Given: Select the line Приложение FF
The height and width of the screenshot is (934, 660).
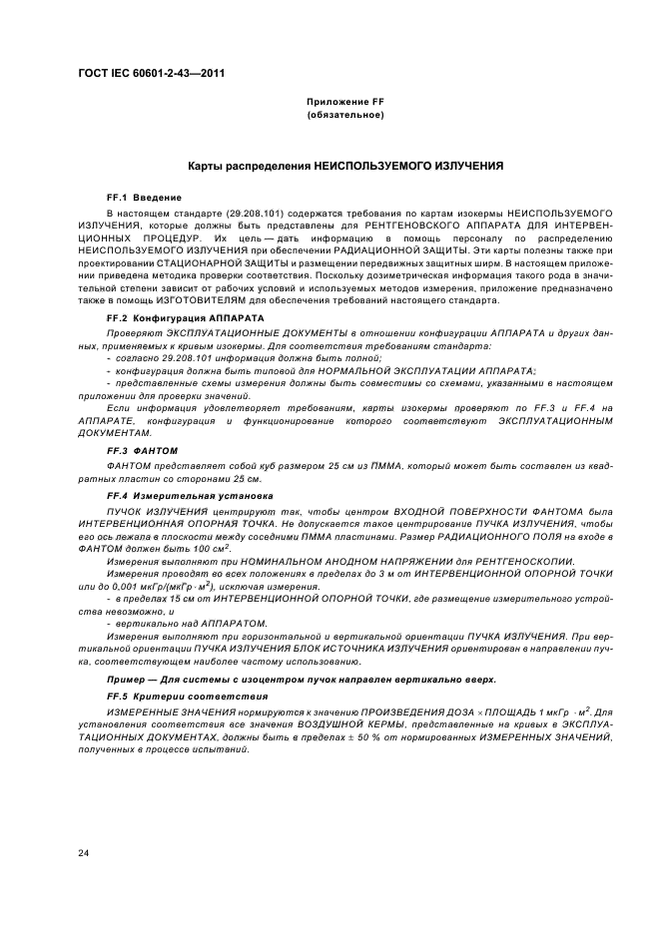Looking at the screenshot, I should tap(345, 103).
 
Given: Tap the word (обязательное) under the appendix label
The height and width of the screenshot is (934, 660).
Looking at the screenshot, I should tap(345, 116).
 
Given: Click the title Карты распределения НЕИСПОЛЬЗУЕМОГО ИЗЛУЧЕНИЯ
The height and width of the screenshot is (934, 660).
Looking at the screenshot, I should tap(345, 166).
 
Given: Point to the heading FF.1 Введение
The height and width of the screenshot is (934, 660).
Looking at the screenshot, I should tap(144, 198).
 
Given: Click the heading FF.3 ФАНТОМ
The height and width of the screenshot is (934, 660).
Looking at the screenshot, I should tap(141, 450).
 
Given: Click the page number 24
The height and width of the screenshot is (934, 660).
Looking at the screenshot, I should tap(84, 851).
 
